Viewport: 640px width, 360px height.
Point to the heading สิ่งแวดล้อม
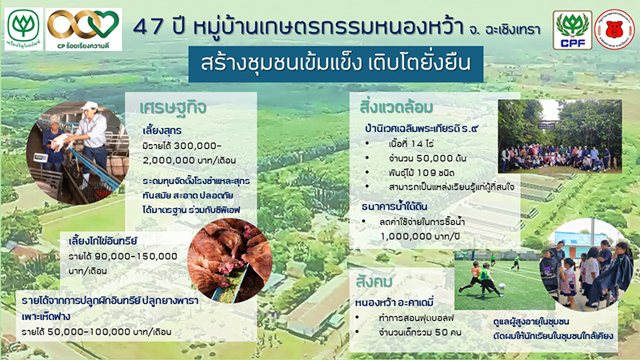tap(398, 107)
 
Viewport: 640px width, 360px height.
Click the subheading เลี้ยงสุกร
tap(164, 131)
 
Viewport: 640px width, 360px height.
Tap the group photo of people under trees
tap(559, 135)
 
